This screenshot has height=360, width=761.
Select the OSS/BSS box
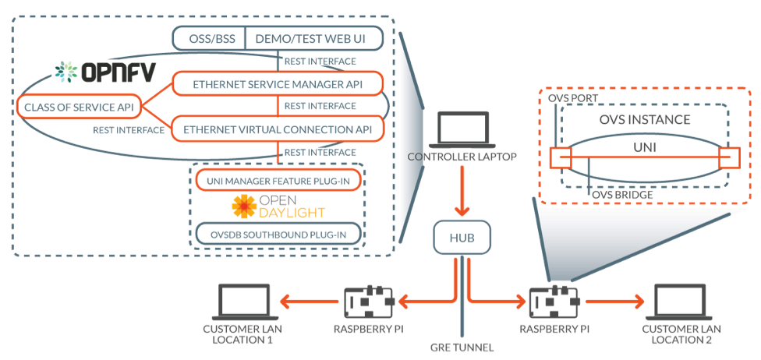(x=208, y=37)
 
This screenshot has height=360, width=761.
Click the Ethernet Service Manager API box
(x=278, y=83)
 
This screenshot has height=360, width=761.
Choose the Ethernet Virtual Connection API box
(x=278, y=129)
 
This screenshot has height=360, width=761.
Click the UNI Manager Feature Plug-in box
(x=278, y=181)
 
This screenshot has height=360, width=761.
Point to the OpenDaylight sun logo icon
(x=245, y=206)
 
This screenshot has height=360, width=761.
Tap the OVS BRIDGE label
(x=622, y=193)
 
